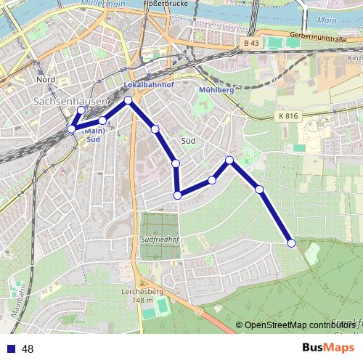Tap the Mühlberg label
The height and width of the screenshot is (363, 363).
216,90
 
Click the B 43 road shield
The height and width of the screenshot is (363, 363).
251,44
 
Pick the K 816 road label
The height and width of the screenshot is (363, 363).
287,115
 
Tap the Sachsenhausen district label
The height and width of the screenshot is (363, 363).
70,103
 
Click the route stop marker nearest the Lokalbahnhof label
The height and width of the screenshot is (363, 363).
129,100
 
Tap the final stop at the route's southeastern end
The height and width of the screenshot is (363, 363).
291,243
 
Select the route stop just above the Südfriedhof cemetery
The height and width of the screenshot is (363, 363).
177,195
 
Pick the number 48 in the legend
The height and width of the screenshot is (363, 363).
28,348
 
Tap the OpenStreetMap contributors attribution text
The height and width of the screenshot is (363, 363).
298,325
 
